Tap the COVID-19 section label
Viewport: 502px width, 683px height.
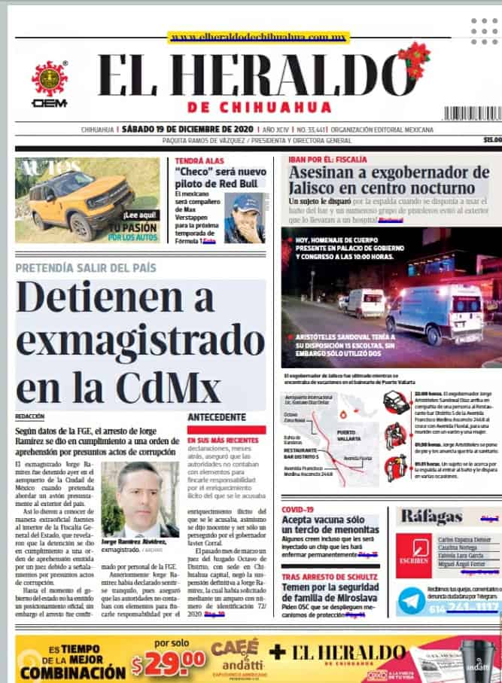(298, 509)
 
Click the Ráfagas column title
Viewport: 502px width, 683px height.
(432, 517)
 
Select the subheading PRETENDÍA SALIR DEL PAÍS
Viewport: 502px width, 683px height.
(86, 267)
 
